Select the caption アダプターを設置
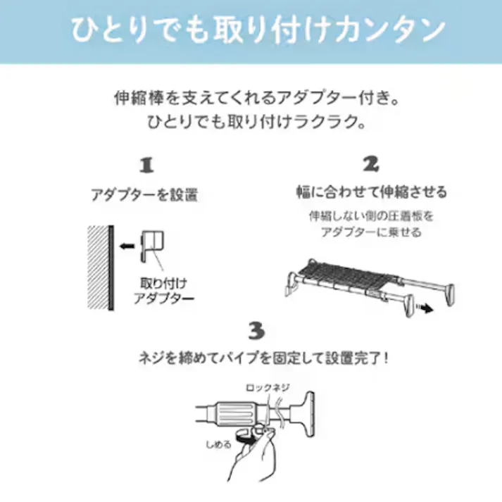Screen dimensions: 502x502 (x=144, y=194)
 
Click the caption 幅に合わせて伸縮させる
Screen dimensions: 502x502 (x=371, y=192)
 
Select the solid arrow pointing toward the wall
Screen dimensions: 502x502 (x=127, y=246)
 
